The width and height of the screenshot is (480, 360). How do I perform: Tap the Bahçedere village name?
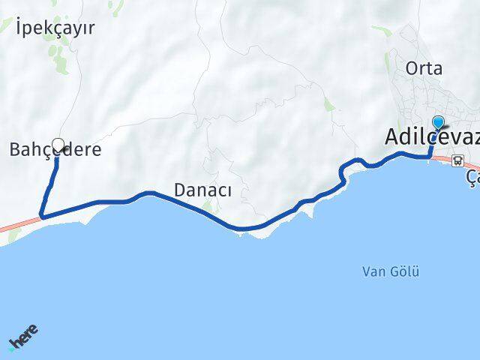(x=55, y=149)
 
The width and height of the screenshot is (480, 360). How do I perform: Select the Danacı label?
(x=202, y=190)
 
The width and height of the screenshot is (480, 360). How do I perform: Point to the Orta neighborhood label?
(x=424, y=68)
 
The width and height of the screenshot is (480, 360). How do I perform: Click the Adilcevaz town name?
(x=431, y=137)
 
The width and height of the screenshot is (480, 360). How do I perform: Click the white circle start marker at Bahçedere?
(x=58, y=143)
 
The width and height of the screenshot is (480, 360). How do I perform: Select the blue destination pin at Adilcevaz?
(x=439, y=123)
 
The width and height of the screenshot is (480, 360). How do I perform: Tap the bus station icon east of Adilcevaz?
(x=457, y=159)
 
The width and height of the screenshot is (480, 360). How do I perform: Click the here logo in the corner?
(x=22, y=339)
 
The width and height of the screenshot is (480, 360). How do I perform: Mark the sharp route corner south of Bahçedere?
(x=41, y=216)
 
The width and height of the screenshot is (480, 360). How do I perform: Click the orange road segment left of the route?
(x=19, y=224)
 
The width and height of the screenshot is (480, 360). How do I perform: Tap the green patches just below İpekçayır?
(x=55, y=56)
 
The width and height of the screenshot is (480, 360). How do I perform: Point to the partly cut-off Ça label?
(x=472, y=178)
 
